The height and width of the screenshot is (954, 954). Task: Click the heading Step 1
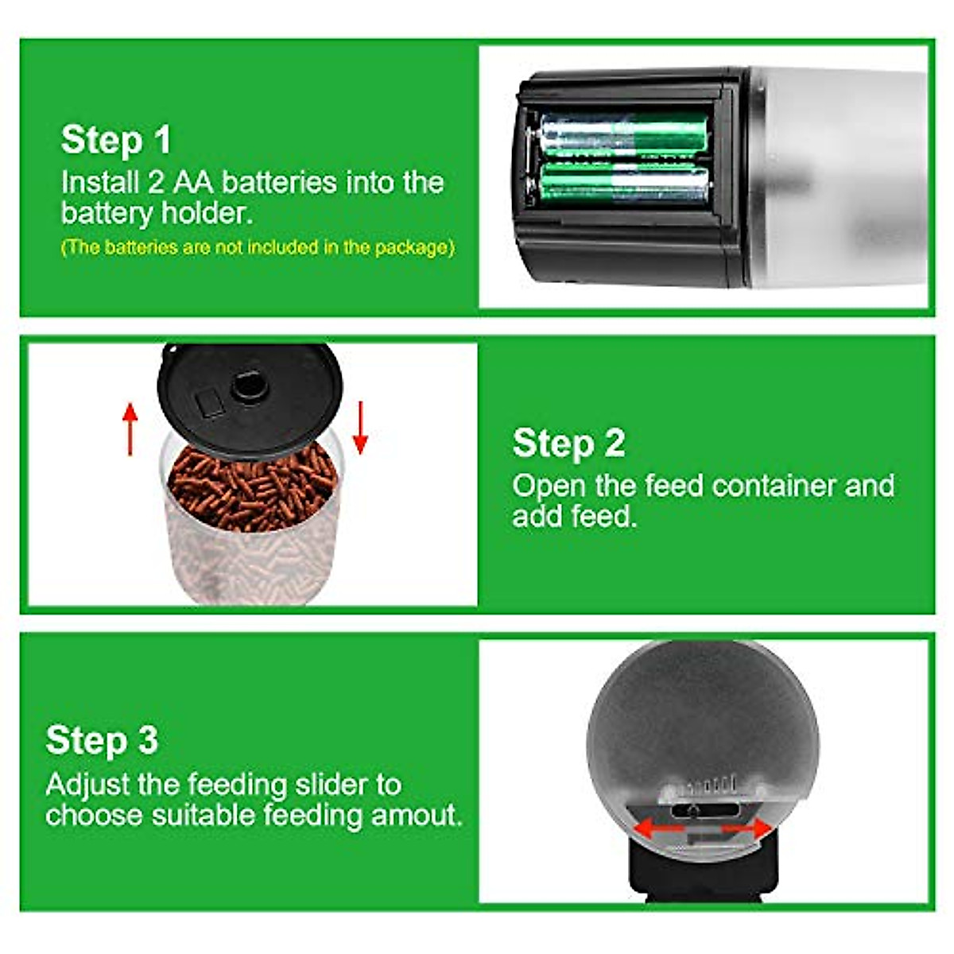pos(116,140)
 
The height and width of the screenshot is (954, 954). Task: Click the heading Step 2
pos(568,443)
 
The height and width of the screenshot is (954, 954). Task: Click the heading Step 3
pos(102,740)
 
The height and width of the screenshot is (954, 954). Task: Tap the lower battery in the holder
pos(623,183)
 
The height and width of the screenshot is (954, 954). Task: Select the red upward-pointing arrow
pos(130,429)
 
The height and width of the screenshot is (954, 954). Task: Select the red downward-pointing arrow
pos(360,427)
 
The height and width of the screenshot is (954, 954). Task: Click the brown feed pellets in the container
pos(254,485)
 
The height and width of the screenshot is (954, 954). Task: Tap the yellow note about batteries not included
pos(258,247)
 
